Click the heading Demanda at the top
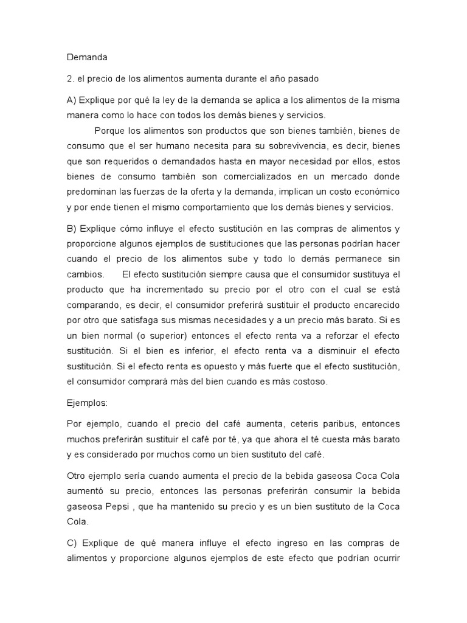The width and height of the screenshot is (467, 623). coord(86,58)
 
